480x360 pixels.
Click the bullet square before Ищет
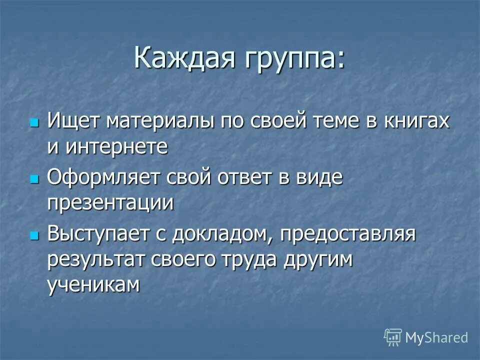click(x=34, y=123)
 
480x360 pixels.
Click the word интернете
click(x=107, y=147)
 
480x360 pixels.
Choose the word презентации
click(x=111, y=203)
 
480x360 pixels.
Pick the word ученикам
click(x=92, y=284)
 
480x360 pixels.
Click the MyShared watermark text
click(x=436, y=337)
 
